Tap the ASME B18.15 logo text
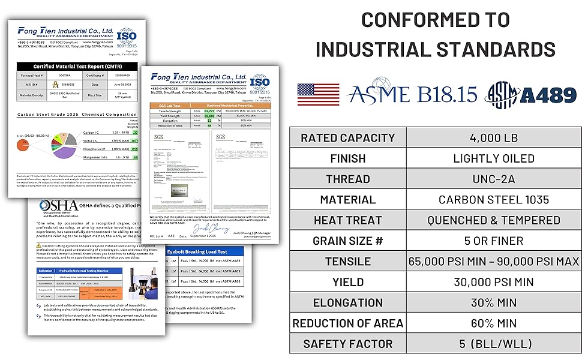412,94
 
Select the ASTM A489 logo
530,94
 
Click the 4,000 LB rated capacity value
494,138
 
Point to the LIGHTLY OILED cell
494,158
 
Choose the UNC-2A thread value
494,179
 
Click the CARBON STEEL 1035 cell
494,200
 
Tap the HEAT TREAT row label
347,220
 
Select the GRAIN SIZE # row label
347,241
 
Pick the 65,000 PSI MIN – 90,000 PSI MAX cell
494,261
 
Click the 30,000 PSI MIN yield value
494,282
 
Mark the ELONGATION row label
347,302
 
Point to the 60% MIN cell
494,323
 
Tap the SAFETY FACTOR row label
347,344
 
